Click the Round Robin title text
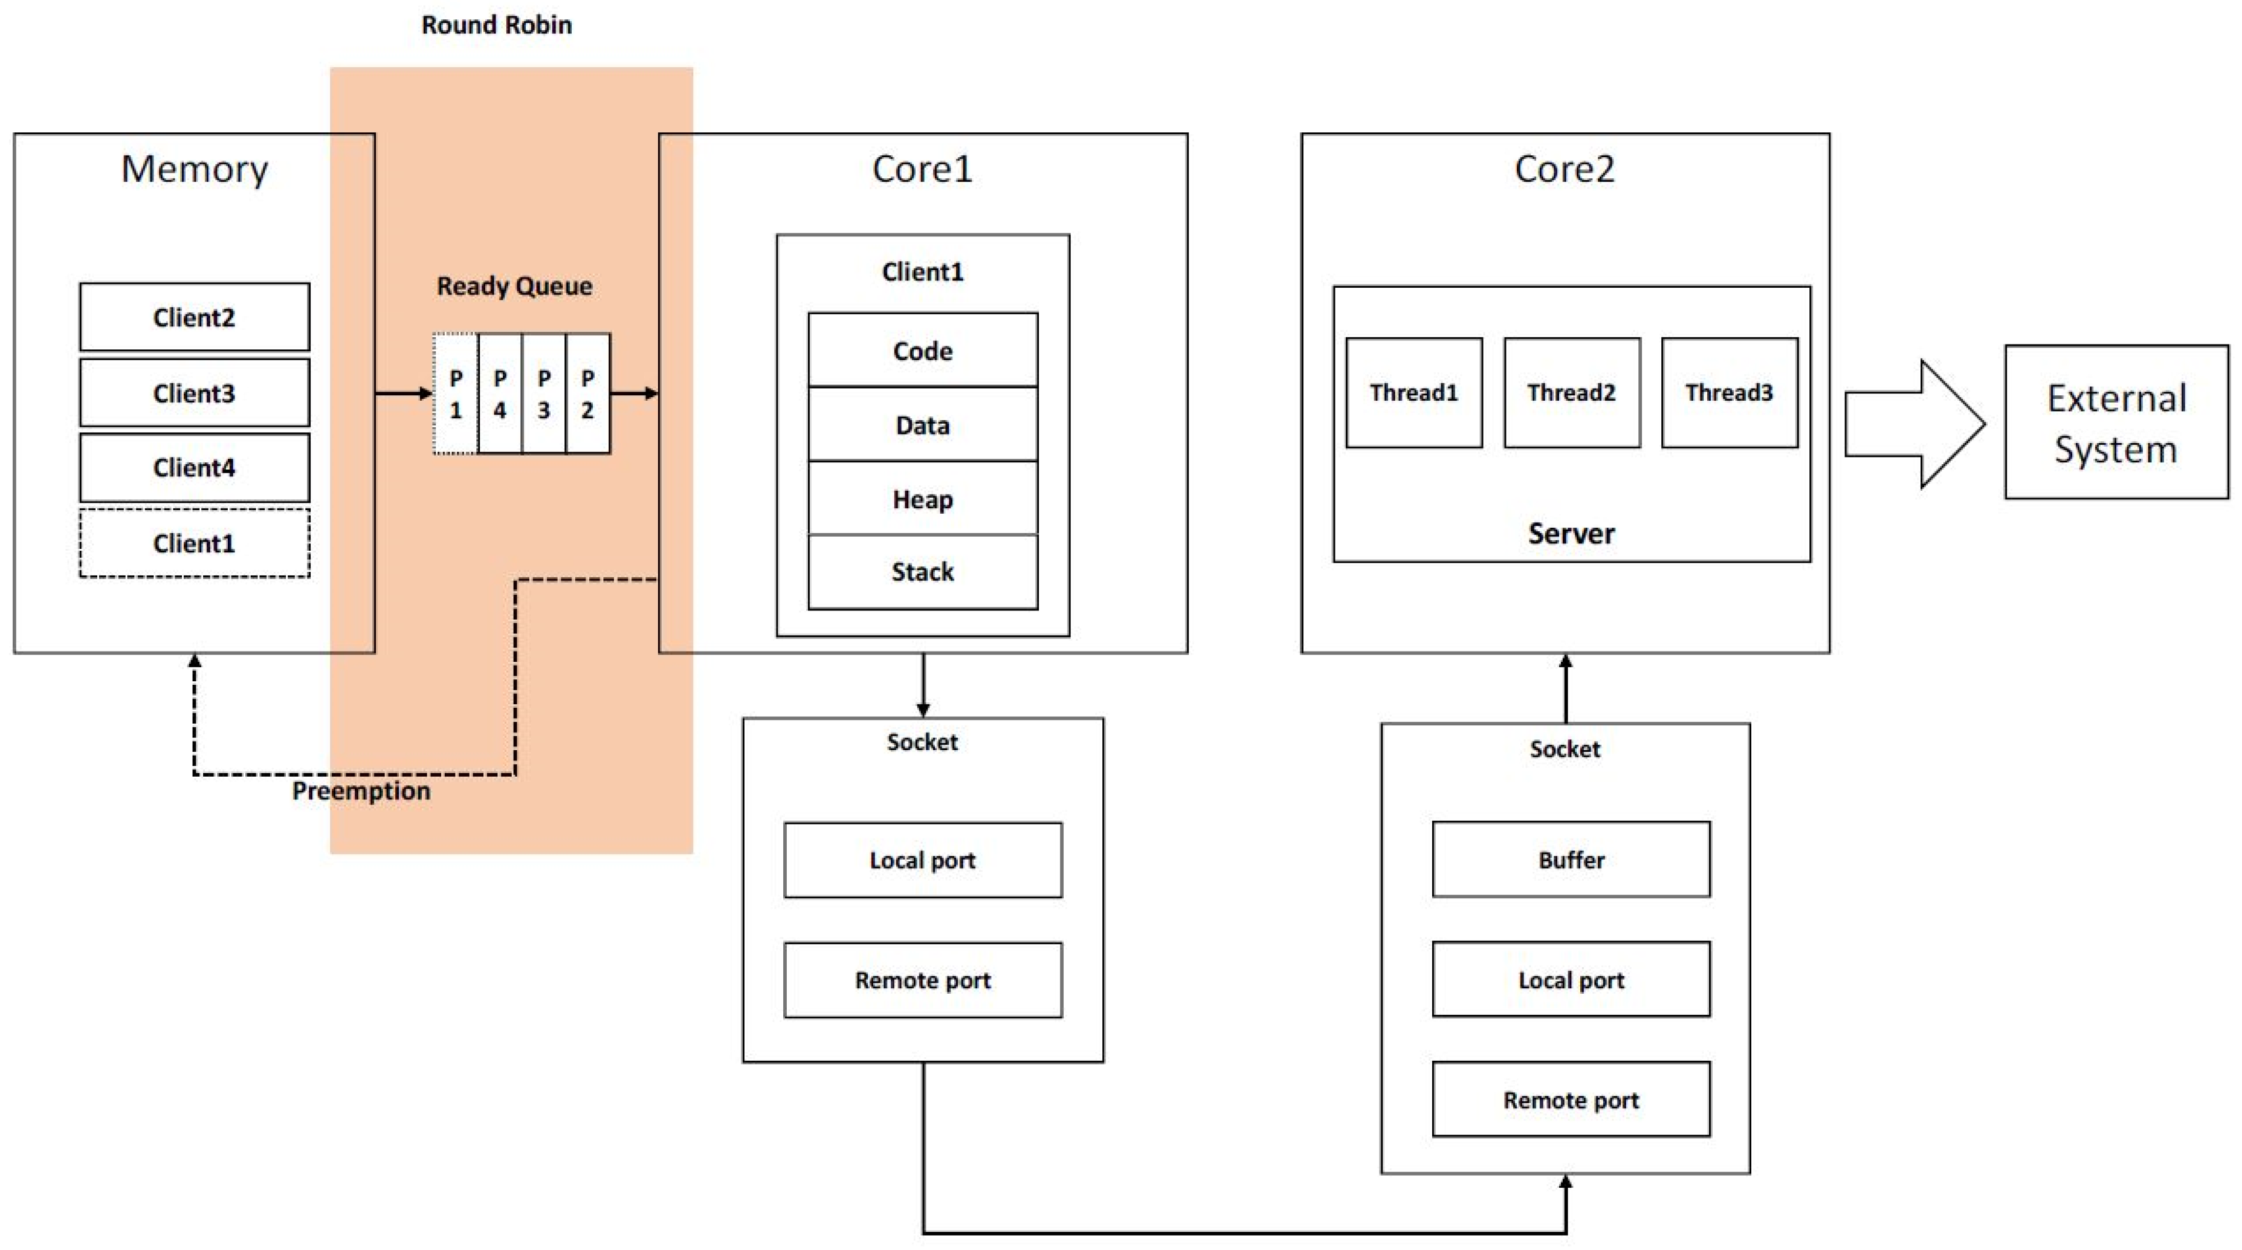pyautogui.click(x=496, y=25)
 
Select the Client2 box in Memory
pyautogui.click(x=194, y=317)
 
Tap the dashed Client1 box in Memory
pyautogui.click(x=194, y=543)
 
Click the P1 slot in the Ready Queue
pyautogui.click(x=455, y=393)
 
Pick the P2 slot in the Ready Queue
pyautogui.click(x=587, y=393)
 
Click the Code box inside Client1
pyautogui.click(x=923, y=350)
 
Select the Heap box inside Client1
pyautogui.click(x=923, y=499)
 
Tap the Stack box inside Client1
pyautogui.click(x=923, y=572)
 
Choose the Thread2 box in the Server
pyautogui.click(x=1571, y=392)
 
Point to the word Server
pyautogui.click(x=1571, y=533)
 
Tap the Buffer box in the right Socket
pyautogui.click(x=1571, y=859)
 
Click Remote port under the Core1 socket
pyautogui.click(x=923, y=980)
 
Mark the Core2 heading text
pyautogui.click(x=1564, y=169)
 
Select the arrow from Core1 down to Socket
pyautogui.click(x=923, y=684)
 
